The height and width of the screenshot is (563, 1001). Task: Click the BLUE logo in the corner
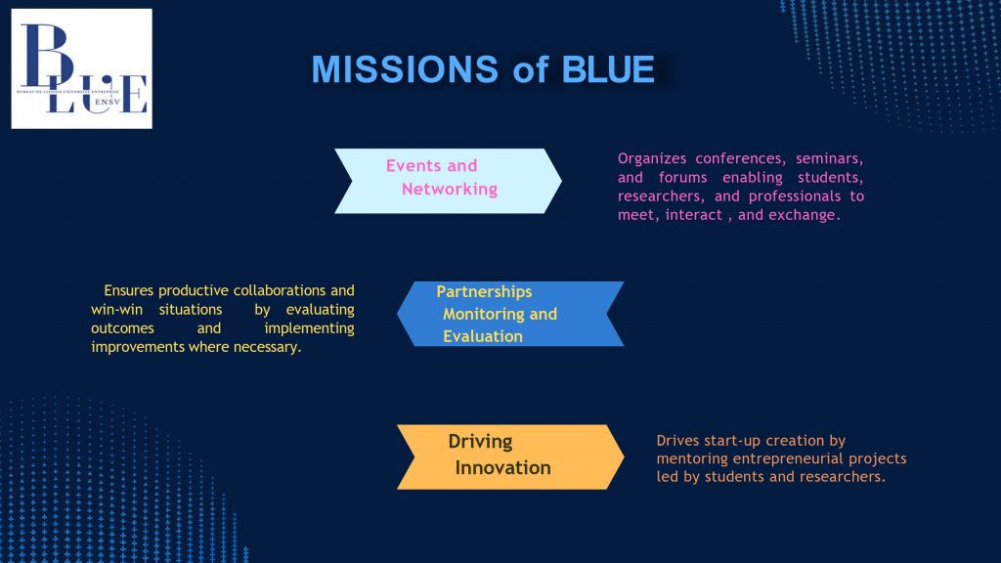(81, 68)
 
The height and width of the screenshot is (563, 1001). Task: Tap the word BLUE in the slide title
(608, 69)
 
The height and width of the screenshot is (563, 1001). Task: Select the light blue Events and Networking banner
(448, 181)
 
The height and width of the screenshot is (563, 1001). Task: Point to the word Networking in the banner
(449, 189)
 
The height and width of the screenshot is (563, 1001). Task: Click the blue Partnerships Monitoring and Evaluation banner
(509, 314)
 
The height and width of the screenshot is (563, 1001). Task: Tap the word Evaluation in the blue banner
(482, 336)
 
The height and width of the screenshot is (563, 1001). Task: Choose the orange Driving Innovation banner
(509, 456)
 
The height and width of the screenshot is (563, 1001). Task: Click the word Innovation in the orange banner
(502, 468)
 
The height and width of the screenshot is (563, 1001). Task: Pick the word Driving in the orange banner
(480, 442)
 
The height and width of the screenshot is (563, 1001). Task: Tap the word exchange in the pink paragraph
(805, 215)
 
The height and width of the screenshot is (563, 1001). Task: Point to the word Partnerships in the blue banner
(484, 291)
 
